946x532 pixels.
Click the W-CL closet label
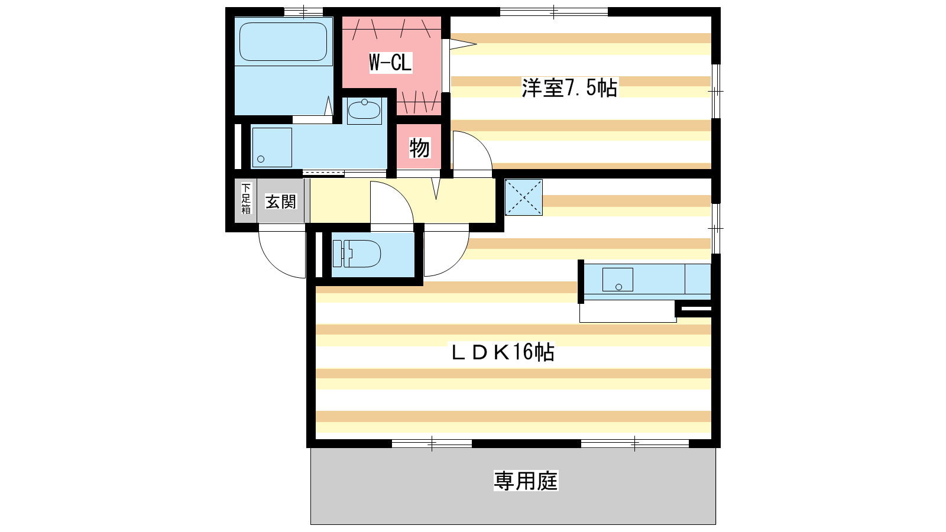click(390, 63)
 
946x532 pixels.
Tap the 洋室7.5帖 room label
click(569, 88)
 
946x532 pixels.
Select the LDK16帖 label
click(503, 352)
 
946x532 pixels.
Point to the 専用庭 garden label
click(526, 481)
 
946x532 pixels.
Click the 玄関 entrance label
click(281, 202)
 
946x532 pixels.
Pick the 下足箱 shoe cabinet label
click(246, 199)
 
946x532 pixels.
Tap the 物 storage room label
click(419, 148)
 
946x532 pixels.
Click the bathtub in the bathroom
click(283, 41)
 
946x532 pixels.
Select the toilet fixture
click(357, 254)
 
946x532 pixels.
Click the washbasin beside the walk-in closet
click(364, 111)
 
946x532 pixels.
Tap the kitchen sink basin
click(617, 280)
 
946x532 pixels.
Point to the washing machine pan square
click(272, 147)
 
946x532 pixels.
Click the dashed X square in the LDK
click(524, 197)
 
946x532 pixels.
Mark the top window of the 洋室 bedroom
click(554, 12)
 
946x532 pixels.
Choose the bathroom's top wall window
click(303, 12)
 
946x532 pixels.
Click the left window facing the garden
click(432, 443)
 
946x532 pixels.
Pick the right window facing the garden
click(635, 443)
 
